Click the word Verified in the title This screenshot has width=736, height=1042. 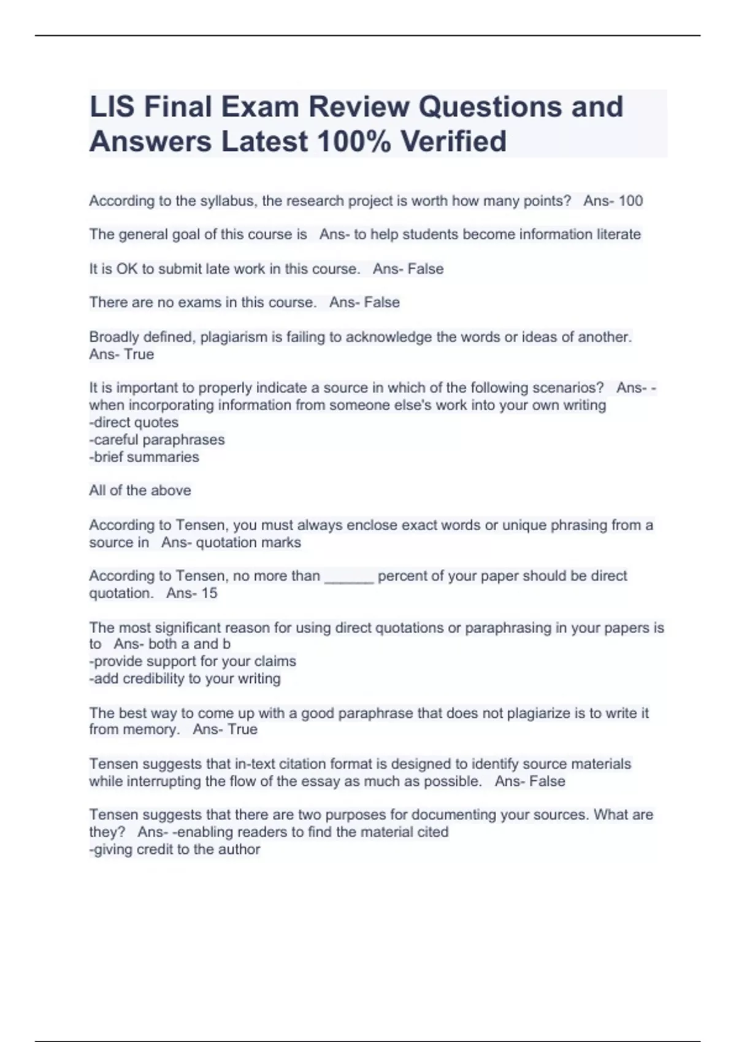453,141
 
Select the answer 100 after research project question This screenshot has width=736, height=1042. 631,200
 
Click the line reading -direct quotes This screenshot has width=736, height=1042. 134,422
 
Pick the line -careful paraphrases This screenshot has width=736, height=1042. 157,439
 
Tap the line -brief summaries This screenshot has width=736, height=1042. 144,457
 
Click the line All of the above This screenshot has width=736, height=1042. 140,490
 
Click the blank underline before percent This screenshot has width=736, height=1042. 348,577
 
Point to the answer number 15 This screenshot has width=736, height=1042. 209,593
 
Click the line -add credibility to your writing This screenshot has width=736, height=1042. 185,679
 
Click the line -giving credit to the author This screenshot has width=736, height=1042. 175,849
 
